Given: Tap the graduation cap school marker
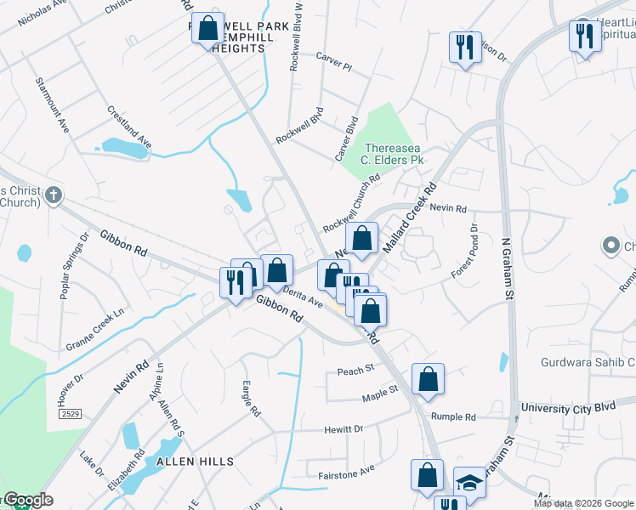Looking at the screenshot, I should (469, 482).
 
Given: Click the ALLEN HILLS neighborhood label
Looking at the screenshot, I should (195, 461).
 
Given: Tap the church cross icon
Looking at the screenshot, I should (54, 195).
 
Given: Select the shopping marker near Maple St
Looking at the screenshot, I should (428, 379).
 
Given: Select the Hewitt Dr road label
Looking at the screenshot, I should (344, 429).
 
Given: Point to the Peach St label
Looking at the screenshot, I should (355, 370).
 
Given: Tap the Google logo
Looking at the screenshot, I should (27, 501).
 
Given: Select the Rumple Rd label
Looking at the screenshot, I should (453, 417).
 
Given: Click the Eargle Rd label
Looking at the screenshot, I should (252, 398).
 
